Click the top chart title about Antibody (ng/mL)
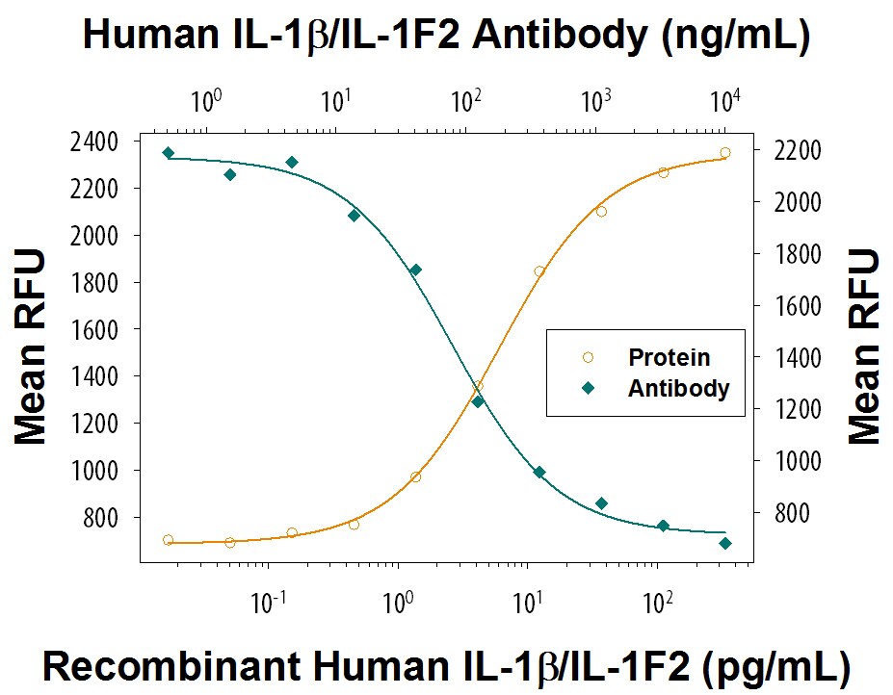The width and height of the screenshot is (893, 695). [x=446, y=35]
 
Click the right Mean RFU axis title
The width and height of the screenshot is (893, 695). [x=864, y=347]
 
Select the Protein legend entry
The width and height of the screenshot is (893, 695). [x=669, y=357]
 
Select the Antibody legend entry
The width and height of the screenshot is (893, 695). [x=678, y=389]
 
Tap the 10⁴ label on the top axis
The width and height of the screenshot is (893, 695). [x=724, y=99]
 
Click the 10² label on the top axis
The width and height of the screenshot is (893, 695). [x=465, y=99]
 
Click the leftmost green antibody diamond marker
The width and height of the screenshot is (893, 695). [x=168, y=152]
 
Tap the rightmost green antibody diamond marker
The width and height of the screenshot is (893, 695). [x=724, y=543]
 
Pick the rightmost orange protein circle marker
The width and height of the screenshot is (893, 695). [x=724, y=152]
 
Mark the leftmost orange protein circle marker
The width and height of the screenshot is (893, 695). [x=168, y=540]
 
